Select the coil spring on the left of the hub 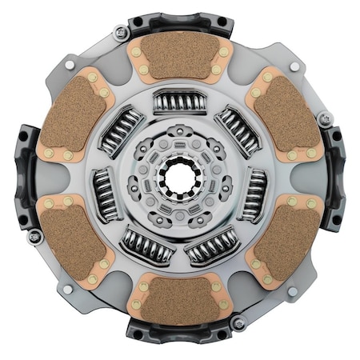[x=103, y=194]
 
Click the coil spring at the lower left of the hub [x=146, y=247]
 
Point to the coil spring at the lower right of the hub [x=213, y=247]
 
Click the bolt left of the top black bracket [x=122, y=33]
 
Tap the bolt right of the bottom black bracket [x=237, y=323]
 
